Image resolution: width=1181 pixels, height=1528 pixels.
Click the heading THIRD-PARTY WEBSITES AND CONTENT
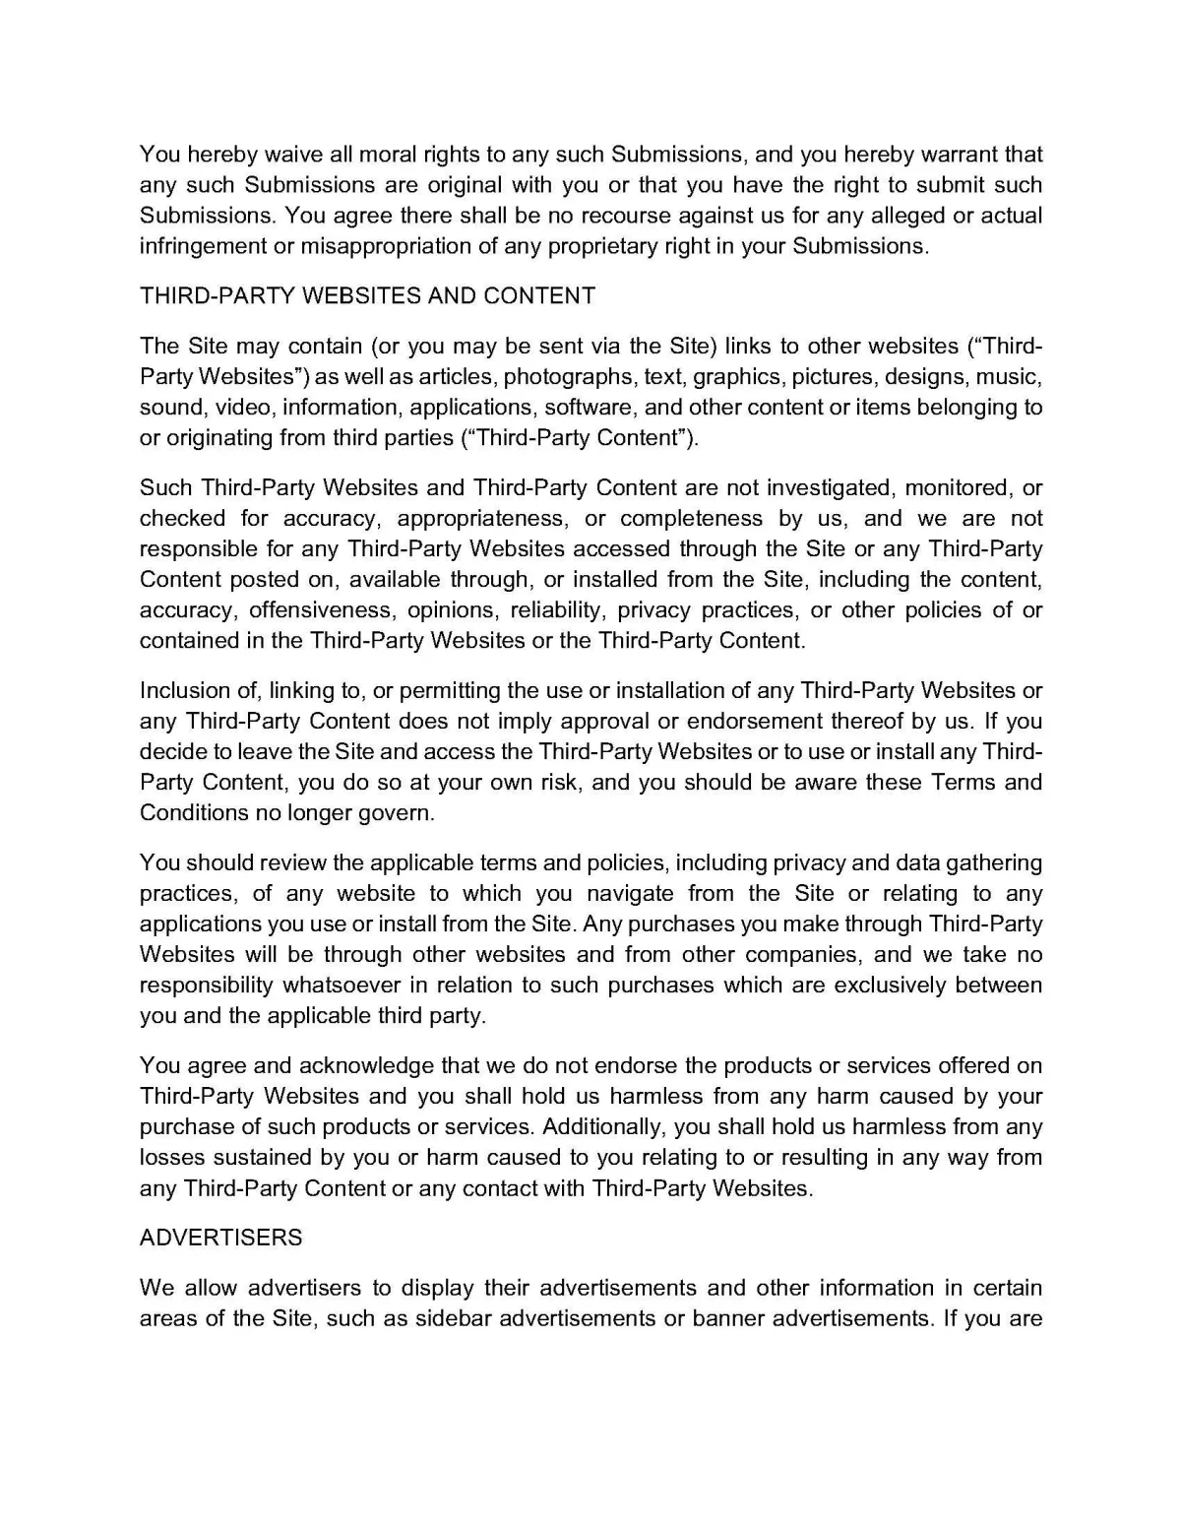click(367, 296)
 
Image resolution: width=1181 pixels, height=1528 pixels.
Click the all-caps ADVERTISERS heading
click(221, 1239)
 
